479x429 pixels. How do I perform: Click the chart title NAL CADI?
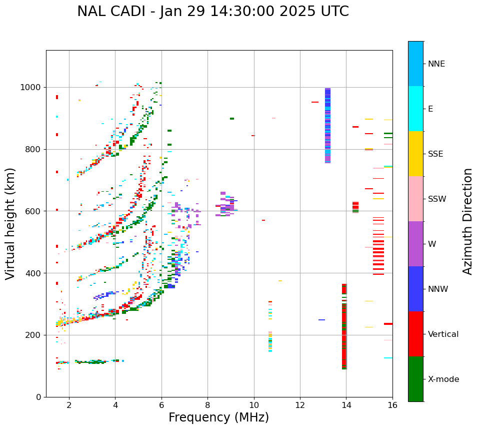[x=213, y=12]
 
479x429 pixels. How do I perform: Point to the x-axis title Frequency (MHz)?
[x=218, y=417]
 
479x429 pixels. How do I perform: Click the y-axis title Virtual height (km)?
[x=10, y=224]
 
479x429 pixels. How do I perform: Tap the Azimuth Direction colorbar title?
[x=467, y=221]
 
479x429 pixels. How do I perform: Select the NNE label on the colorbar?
[x=436, y=64]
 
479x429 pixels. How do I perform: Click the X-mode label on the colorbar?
[x=443, y=379]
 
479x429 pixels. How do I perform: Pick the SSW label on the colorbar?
[x=437, y=199]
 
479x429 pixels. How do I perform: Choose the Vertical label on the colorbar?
[x=443, y=334]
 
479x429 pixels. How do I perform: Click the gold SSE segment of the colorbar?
[x=415, y=154]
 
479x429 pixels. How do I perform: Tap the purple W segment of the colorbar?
[x=415, y=244]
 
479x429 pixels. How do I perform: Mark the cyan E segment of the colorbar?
[x=415, y=109]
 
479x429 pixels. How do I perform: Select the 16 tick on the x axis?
[x=392, y=405]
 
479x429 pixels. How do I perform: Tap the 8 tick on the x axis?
[x=207, y=405]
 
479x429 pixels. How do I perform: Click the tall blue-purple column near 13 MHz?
[x=327, y=125]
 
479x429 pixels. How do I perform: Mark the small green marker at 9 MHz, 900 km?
[x=231, y=119]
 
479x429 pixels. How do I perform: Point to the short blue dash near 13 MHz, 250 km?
[x=321, y=320]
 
